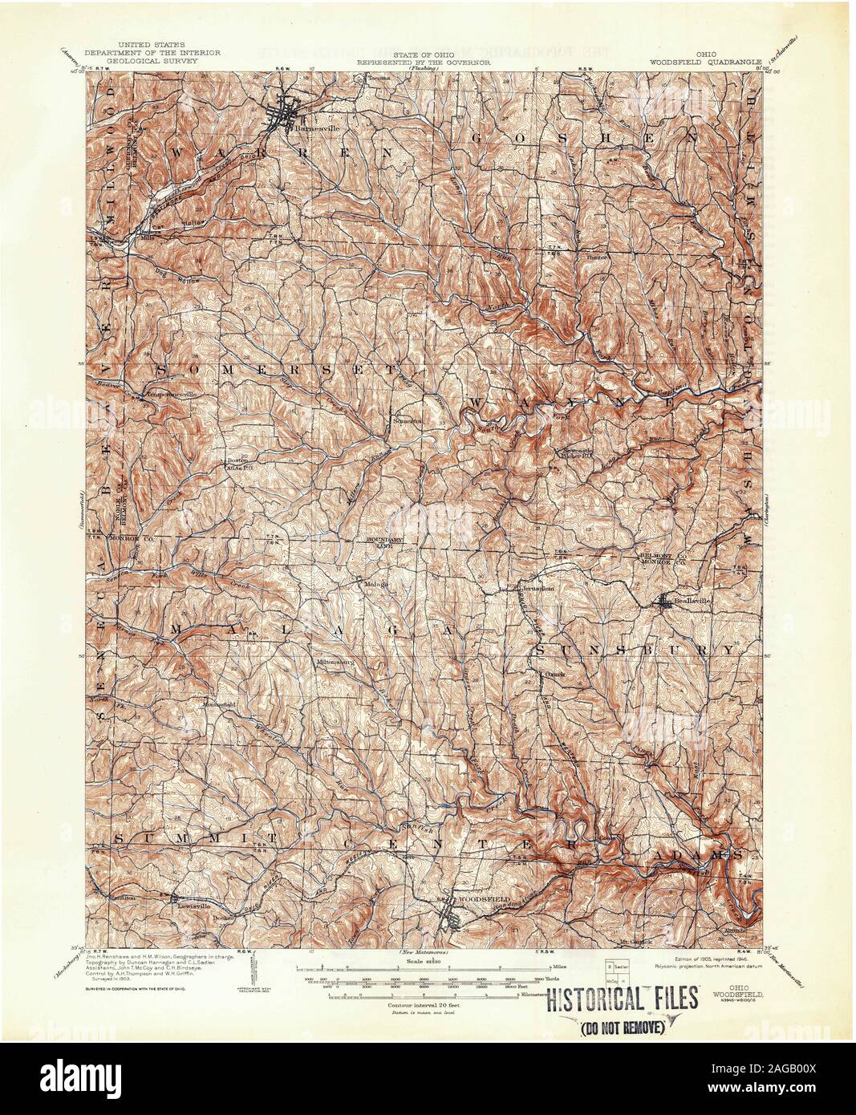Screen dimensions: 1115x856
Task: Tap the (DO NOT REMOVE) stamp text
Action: pyautogui.click(x=622, y=1028)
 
